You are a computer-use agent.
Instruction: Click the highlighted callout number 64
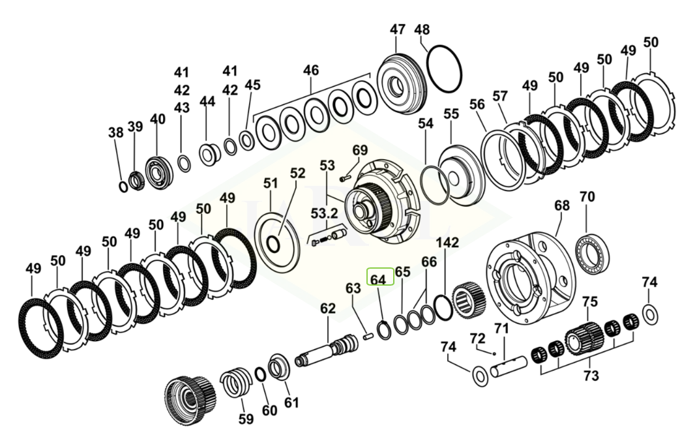[x=379, y=278]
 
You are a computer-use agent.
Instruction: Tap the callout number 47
[x=398, y=29]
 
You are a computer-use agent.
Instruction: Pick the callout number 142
[x=447, y=243]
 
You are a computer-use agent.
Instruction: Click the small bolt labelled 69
[x=346, y=176]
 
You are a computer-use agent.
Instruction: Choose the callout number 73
[x=591, y=376]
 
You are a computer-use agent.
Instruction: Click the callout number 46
[x=311, y=70]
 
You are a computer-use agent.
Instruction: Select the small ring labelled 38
[x=123, y=187]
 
